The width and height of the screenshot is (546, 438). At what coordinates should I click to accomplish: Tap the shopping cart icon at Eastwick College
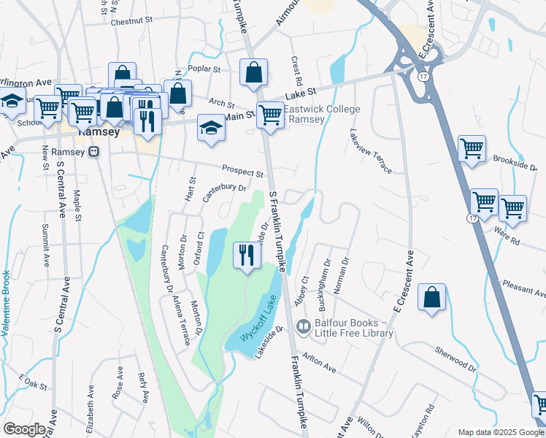pos(271,115)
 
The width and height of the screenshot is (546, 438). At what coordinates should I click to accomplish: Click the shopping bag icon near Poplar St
pos(253,72)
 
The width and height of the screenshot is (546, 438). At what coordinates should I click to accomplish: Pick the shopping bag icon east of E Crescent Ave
pos(432,297)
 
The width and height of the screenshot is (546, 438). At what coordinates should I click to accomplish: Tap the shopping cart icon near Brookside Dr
pos(472,148)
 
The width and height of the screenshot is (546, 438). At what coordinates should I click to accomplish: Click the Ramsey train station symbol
pos(93,152)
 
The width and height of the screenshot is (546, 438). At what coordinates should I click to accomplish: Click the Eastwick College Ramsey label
pos(322,115)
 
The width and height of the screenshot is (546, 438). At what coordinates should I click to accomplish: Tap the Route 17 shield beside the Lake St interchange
pos(423,76)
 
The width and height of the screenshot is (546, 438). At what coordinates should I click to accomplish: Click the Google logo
pos(24,429)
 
